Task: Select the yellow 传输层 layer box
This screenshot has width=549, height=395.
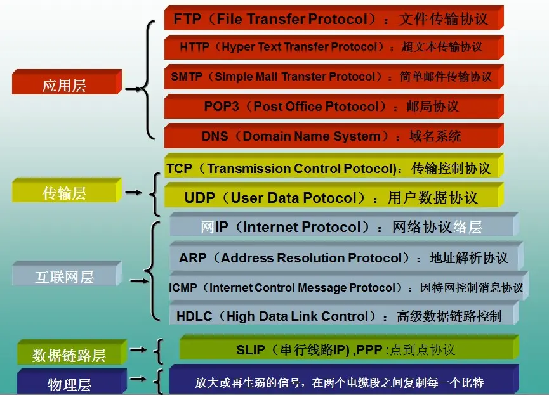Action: (x=64, y=193)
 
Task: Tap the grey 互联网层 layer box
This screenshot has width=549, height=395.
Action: (x=64, y=276)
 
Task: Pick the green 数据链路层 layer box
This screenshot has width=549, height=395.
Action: (x=69, y=355)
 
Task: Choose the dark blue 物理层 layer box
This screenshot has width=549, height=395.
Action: (x=69, y=384)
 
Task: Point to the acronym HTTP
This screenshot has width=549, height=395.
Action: (x=194, y=47)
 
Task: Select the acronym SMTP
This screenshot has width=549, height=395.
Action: (x=187, y=77)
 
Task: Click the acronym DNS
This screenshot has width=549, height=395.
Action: (x=215, y=136)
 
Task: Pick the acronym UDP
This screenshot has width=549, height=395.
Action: (x=200, y=198)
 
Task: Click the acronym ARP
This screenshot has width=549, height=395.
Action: (x=193, y=258)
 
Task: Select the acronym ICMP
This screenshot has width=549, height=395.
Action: (x=183, y=288)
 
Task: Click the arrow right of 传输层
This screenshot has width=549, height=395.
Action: (x=134, y=192)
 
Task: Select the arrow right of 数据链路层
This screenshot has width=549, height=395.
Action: (x=138, y=349)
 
